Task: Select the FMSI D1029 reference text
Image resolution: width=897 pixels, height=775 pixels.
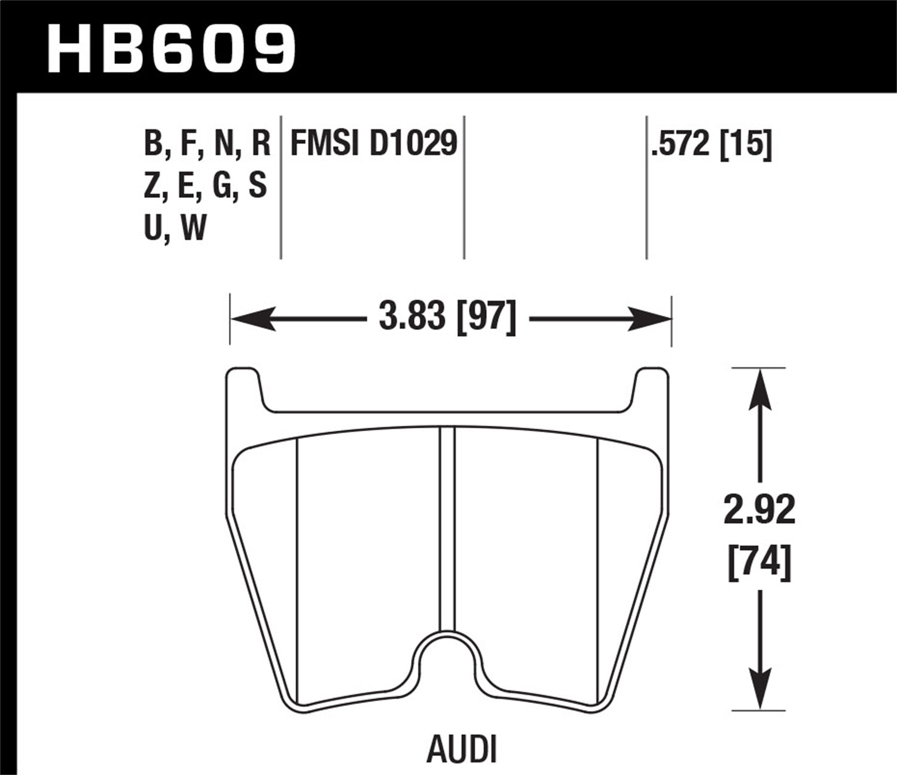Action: pyautogui.click(x=374, y=144)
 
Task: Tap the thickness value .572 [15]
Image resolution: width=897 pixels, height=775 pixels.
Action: pyautogui.click(x=712, y=144)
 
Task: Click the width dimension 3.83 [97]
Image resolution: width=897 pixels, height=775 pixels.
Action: pyautogui.click(x=447, y=317)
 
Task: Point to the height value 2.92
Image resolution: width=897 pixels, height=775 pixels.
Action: pyautogui.click(x=759, y=510)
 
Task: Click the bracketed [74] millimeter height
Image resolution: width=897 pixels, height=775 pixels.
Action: pyautogui.click(x=759, y=562)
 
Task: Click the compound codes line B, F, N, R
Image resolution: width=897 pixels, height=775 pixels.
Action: pyautogui.click(x=207, y=144)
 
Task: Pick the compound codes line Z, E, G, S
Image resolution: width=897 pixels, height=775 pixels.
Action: pyautogui.click(x=205, y=185)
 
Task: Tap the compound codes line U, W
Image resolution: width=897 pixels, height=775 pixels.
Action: pyautogui.click(x=175, y=227)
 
